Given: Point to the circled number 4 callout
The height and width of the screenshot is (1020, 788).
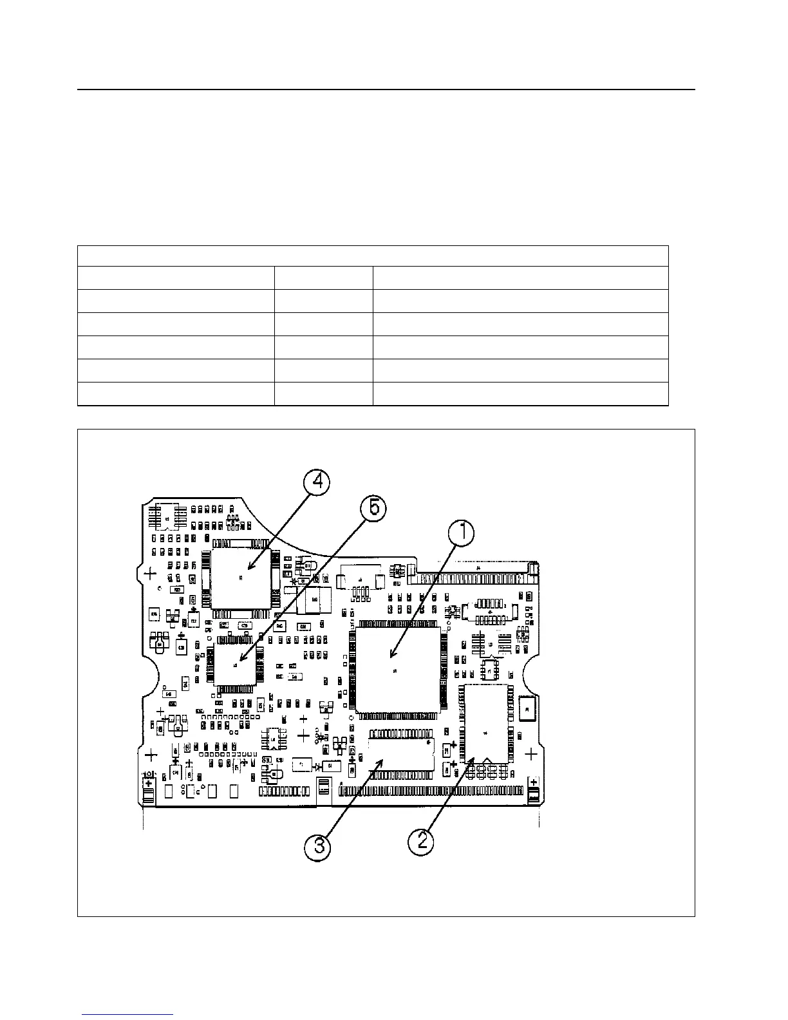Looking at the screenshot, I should tap(318, 482).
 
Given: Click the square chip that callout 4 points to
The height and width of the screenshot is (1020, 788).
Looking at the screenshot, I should tap(240, 578).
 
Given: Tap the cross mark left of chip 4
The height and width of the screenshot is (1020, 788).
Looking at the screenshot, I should tap(149, 572).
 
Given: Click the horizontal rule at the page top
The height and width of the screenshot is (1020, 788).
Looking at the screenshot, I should tap(386, 90).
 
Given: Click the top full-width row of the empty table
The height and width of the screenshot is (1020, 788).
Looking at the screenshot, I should tap(373, 256).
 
